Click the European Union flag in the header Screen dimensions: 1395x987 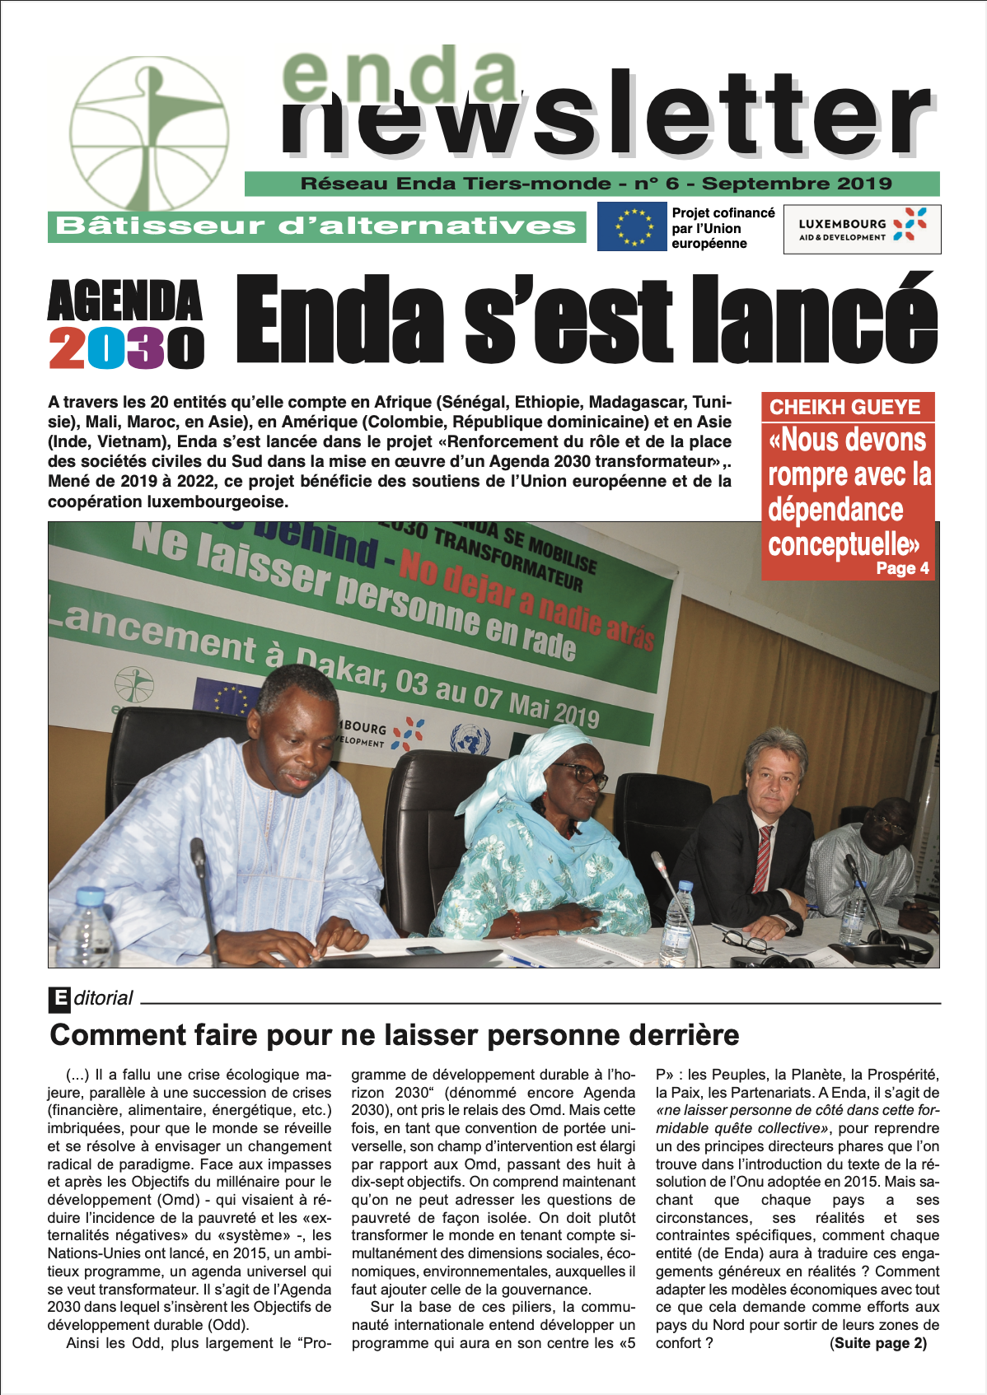point(631,226)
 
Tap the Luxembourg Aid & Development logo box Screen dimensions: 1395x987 point(862,229)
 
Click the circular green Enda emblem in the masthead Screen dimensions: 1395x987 point(149,133)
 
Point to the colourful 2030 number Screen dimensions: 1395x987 point(125,348)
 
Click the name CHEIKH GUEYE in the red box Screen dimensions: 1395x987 point(844,407)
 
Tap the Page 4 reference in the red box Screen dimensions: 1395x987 point(902,568)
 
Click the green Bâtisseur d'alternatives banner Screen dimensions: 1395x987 point(316,226)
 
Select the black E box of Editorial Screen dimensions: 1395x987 point(59,999)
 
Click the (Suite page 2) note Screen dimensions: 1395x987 point(877,1343)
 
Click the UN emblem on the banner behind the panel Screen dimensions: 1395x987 point(470,739)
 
